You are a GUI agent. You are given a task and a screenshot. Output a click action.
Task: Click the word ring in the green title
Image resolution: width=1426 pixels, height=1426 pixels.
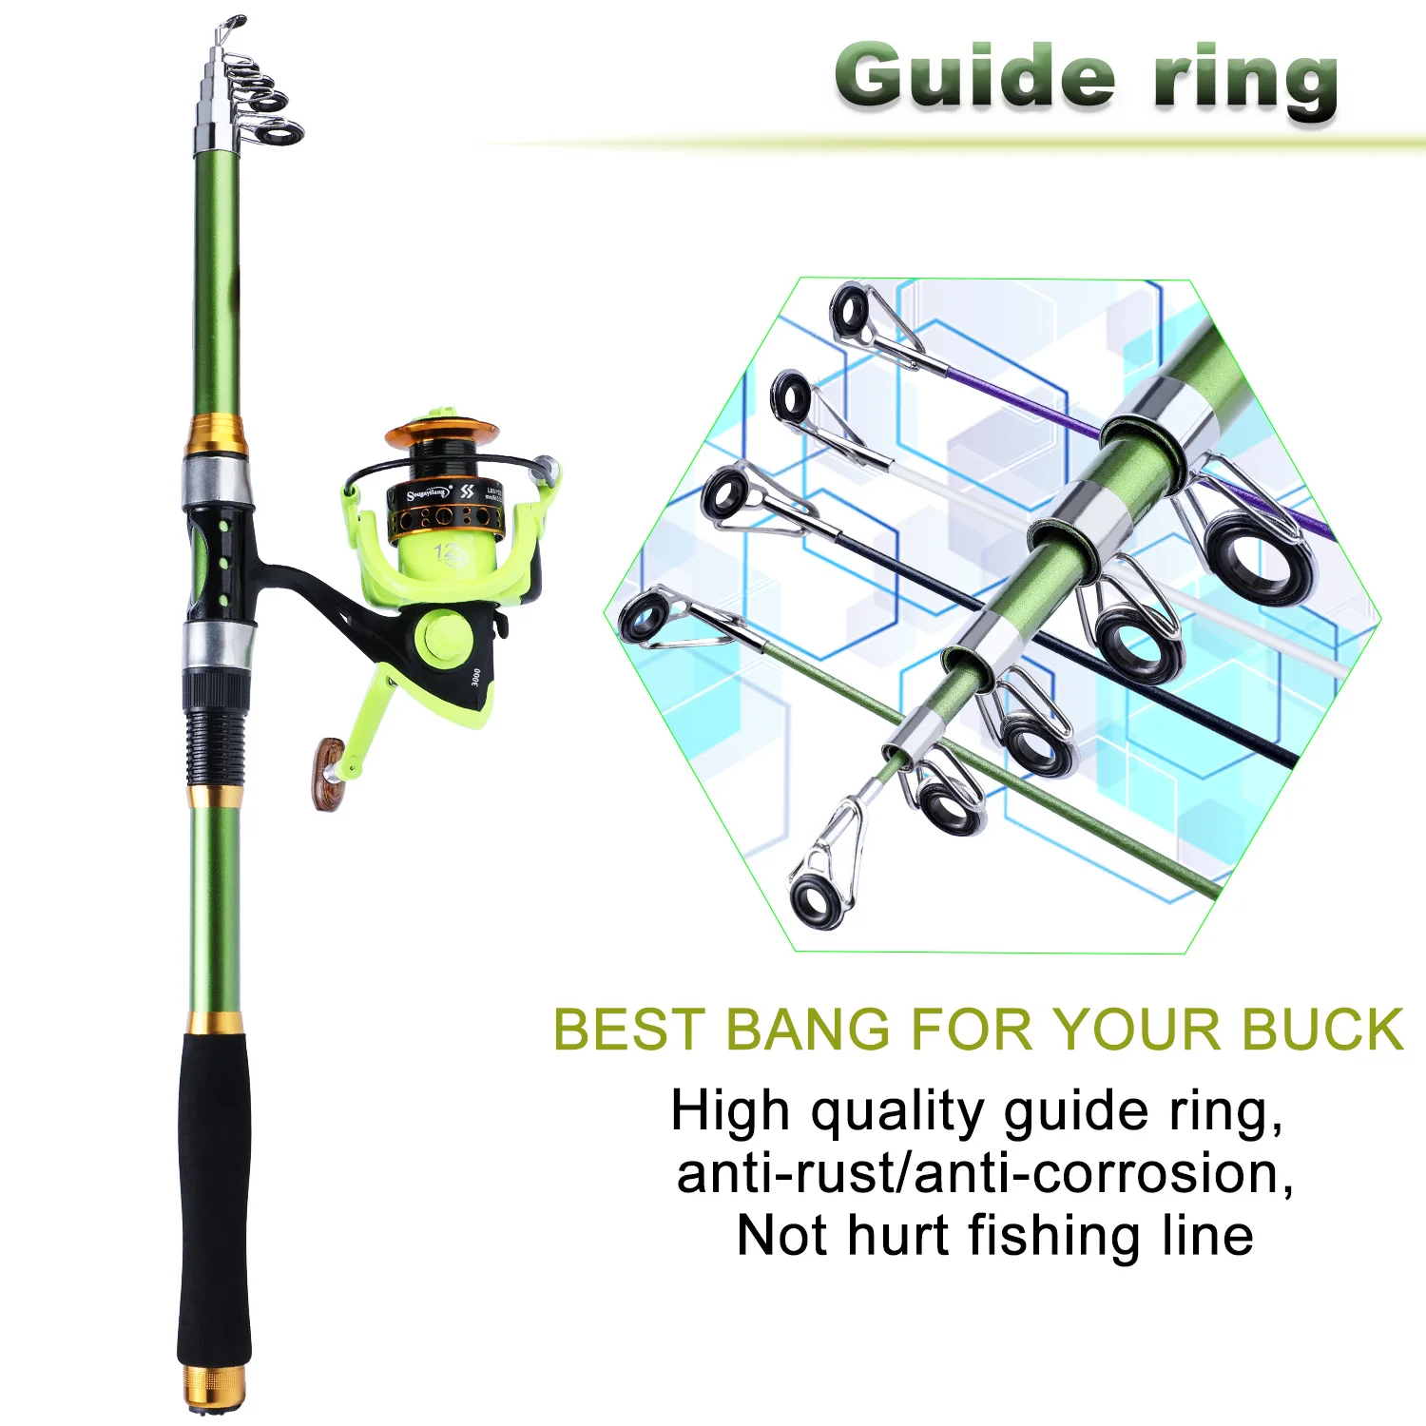(1245, 81)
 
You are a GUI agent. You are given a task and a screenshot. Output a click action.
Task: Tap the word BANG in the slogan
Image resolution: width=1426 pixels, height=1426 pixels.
(808, 1030)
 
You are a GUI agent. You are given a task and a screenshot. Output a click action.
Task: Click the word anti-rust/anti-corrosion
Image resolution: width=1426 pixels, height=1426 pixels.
(984, 1174)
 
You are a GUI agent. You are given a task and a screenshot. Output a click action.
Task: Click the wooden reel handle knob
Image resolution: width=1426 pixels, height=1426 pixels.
(329, 772)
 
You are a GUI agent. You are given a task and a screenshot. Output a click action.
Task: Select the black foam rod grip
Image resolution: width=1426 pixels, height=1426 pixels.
(215, 1198)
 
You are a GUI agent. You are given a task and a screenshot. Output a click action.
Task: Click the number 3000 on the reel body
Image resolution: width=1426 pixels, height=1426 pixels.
(475, 679)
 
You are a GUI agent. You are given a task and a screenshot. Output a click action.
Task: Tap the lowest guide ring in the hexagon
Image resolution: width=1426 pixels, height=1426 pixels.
(816, 898)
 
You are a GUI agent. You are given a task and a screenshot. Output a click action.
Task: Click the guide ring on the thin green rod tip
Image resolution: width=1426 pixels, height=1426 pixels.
(646, 616)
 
